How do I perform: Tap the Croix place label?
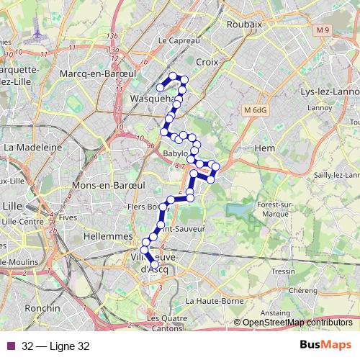coord(206,63)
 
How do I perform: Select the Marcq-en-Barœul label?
coord(94,74)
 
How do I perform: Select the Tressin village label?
coord(284,271)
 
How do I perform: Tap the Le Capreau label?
coord(177,41)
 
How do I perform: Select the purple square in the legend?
coord(11,346)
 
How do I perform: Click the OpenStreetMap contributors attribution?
coord(297,322)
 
